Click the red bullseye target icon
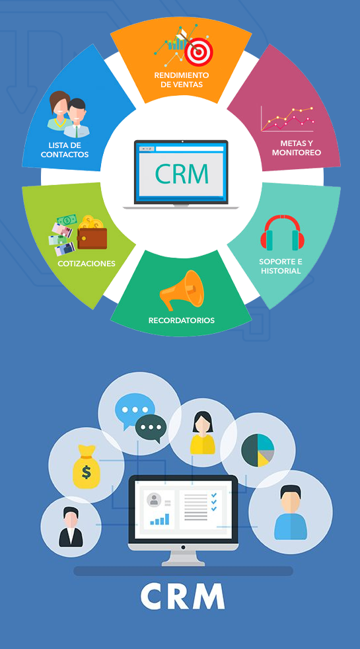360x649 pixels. pyautogui.click(x=198, y=52)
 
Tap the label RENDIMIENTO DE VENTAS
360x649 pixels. pyautogui.click(x=182, y=80)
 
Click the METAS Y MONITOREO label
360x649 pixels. pyautogui.click(x=297, y=148)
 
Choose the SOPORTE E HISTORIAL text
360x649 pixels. pyautogui.click(x=280, y=266)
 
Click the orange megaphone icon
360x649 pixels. pyautogui.click(x=182, y=289)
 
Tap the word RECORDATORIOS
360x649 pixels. pyautogui.click(x=181, y=321)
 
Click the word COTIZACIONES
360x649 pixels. pyautogui.click(x=87, y=264)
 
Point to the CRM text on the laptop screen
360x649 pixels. pyautogui.click(x=182, y=174)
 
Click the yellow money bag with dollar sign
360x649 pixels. pyautogui.click(x=86, y=467)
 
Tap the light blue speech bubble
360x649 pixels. pyautogui.click(x=131, y=410)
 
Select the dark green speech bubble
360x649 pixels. pyautogui.click(x=151, y=428)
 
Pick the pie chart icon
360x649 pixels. pyautogui.click(x=258, y=450)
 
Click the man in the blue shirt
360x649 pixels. pyautogui.click(x=291, y=512)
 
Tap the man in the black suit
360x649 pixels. pyautogui.click(x=71, y=527)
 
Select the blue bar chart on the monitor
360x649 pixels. pyautogui.click(x=160, y=519)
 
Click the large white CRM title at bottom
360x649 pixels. pyautogui.click(x=182, y=595)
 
